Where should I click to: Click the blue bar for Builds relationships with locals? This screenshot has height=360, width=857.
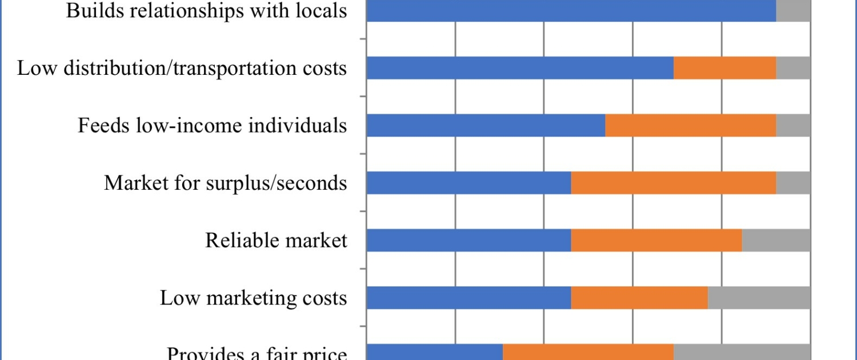click(571, 10)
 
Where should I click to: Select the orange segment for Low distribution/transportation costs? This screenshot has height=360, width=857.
click(725, 68)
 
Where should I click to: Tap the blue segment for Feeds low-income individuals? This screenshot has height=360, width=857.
click(486, 125)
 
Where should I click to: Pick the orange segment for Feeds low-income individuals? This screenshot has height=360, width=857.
click(691, 125)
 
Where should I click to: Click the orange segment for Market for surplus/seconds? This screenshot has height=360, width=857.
click(674, 182)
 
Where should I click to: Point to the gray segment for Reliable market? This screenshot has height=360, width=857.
click(776, 240)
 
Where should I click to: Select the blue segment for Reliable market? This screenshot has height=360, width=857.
click(468, 240)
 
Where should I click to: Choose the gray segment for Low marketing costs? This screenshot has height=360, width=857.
click(759, 298)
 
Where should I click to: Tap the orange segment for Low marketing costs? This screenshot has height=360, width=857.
click(639, 298)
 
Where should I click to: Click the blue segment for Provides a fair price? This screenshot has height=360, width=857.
click(434, 352)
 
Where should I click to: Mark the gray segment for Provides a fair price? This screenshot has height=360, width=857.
click(742, 352)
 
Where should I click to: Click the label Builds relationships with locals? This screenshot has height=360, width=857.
click(206, 10)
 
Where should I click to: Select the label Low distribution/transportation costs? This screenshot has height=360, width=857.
click(182, 68)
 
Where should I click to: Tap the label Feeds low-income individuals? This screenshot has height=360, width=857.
click(212, 125)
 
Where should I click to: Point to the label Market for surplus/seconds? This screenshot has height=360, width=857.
click(225, 183)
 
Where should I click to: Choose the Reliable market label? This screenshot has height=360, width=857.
click(276, 240)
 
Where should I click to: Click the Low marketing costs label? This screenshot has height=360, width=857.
click(253, 298)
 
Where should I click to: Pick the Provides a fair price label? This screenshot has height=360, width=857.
click(257, 353)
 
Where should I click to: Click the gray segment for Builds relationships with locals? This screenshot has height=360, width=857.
click(793, 10)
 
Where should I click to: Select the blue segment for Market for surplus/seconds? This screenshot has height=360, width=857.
click(468, 182)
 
